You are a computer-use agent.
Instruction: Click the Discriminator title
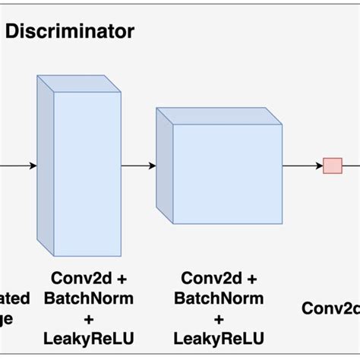point(70,32)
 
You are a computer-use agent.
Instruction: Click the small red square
point(332,166)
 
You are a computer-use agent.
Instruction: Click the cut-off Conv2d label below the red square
point(330,308)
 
